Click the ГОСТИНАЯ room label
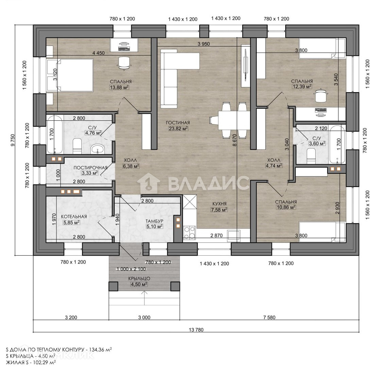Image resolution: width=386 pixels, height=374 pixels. click(x=178, y=122)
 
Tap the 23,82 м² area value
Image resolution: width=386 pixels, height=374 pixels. click(x=178, y=128)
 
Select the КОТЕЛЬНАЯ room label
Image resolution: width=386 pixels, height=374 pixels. click(x=74, y=217)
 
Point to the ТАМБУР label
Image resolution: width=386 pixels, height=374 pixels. click(x=154, y=221)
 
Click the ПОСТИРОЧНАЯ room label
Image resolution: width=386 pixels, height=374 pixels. click(x=90, y=168)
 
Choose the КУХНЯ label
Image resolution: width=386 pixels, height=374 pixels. click(x=220, y=204)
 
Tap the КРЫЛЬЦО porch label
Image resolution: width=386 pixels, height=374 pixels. click(x=139, y=278)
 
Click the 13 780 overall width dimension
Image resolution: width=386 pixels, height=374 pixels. click(x=196, y=330)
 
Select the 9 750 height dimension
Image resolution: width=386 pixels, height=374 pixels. click(x=13, y=140)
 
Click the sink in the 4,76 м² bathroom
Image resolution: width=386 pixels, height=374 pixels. click(x=98, y=149)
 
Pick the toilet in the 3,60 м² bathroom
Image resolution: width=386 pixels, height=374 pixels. click(x=311, y=156)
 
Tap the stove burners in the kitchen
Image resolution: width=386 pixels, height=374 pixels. click(x=189, y=233)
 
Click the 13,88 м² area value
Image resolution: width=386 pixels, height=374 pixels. click(x=119, y=87)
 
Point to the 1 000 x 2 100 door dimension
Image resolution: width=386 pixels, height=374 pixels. click(x=131, y=269)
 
